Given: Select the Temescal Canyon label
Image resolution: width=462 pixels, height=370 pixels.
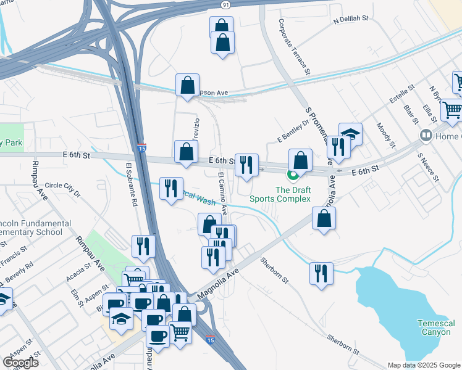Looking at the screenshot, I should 435,327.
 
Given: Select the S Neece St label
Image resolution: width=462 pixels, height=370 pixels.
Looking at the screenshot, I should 427,168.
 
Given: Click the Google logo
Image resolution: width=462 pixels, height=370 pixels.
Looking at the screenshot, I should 20,362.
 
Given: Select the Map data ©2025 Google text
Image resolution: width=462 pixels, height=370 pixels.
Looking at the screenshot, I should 423,364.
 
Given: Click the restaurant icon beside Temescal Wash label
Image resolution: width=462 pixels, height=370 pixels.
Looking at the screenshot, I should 171,188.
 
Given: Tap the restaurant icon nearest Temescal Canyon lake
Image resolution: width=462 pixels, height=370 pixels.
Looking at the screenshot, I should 321,273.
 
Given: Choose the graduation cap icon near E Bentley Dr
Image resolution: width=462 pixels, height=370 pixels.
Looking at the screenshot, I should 350,133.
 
